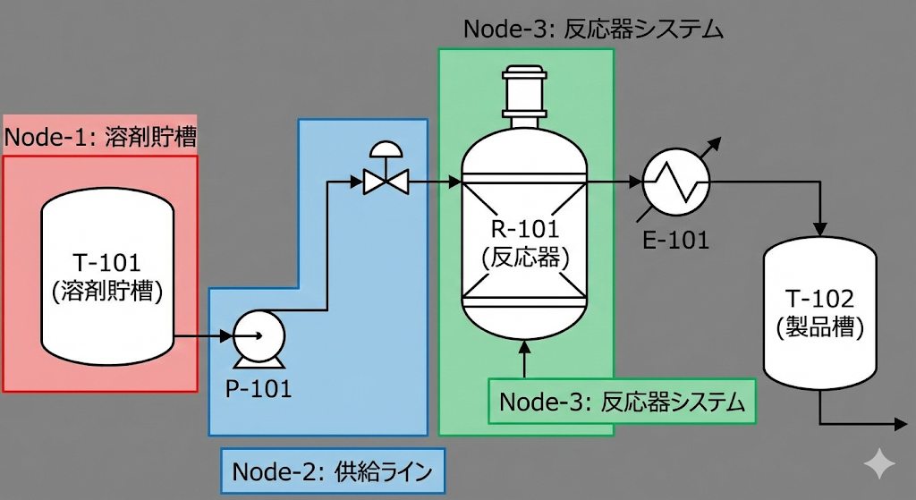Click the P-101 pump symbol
click(x=259, y=337)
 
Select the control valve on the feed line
click(x=386, y=182)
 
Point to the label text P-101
click(x=258, y=389)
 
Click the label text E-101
click(x=675, y=240)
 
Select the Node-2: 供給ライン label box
click(x=332, y=470)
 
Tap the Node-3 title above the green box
click(x=593, y=29)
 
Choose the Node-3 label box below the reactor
click(x=622, y=402)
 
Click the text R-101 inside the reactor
click(x=525, y=230)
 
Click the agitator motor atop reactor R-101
click(x=525, y=89)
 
